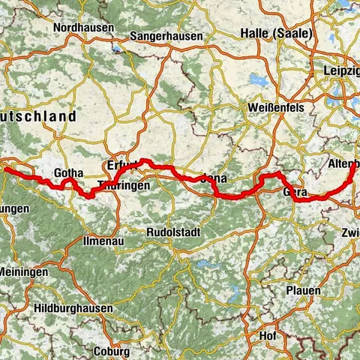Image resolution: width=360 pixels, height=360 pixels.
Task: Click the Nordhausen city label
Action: pyautogui.click(x=83, y=28)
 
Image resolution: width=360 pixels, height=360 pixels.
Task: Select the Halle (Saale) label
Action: pyautogui.click(x=273, y=32)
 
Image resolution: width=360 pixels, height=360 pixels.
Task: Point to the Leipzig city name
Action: pyautogui.click(x=343, y=70)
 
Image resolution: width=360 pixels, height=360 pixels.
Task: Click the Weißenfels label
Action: pyautogui.click(x=275, y=107)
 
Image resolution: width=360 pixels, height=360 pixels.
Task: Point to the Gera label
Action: pyautogui.click(x=295, y=193)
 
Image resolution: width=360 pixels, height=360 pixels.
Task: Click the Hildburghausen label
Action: pyautogui.click(x=73, y=308)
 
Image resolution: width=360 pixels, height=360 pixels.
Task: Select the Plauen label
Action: pyautogui.click(x=302, y=290)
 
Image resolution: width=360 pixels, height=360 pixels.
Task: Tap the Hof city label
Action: pyautogui.click(x=267, y=335)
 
